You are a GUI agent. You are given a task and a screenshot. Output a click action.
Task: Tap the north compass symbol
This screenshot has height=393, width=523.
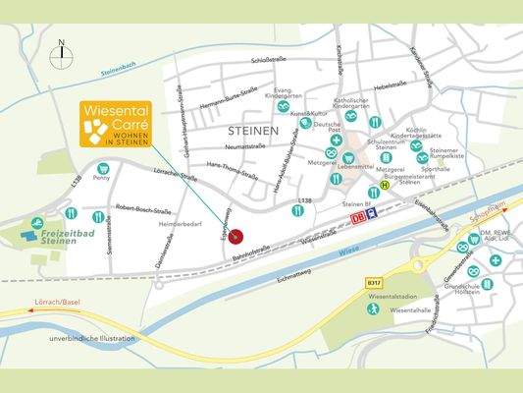pyautogui.click(x=62, y=56)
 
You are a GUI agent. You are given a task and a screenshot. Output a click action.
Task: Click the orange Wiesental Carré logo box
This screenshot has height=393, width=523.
pyautogui.click(x=116, y=127)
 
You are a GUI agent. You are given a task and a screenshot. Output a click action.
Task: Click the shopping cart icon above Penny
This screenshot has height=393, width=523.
pyautogui.click(x=101, y=168)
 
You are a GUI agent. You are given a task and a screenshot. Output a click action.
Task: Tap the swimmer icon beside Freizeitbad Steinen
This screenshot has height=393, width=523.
pyautogui.click(x=36, y=224)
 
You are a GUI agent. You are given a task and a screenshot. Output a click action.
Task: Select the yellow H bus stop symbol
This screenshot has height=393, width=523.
pyautogui.click(x=386, y=184)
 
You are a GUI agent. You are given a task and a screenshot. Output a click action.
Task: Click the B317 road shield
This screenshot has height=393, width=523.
pyautogui.click(x=373, y=283)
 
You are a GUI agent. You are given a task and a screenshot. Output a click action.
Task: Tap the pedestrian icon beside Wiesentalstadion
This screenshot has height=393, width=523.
pyautogui.click(x=373, y=308)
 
